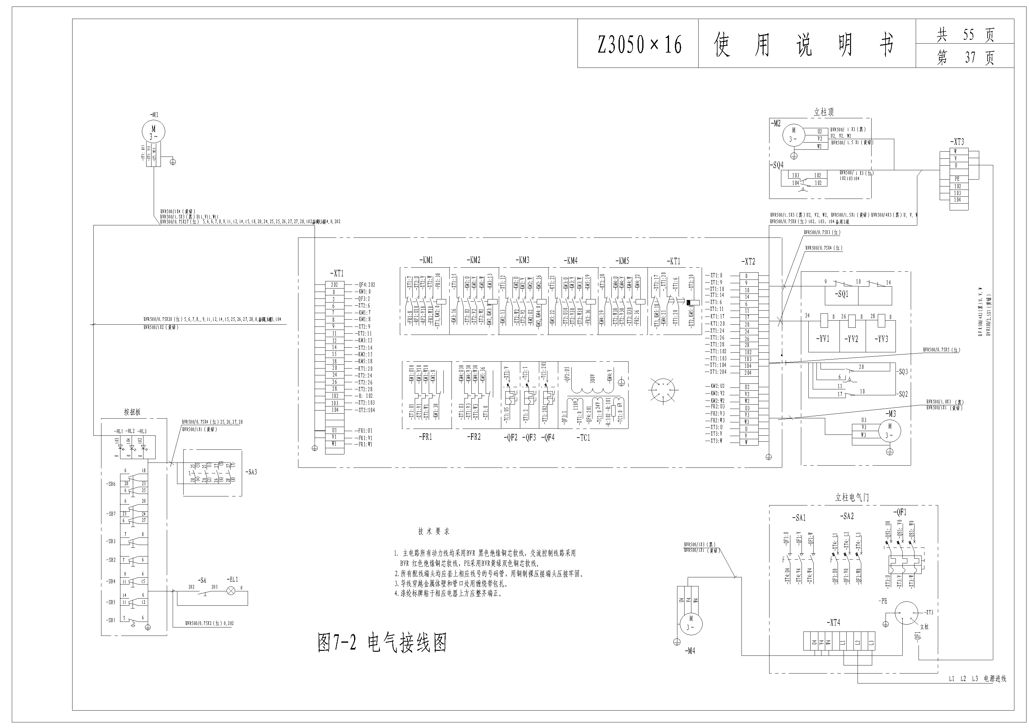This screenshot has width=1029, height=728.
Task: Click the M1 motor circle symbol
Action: pos(154,132)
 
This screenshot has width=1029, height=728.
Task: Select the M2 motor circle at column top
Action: pos(794,135)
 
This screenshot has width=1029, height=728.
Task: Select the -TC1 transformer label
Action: pos(583,438)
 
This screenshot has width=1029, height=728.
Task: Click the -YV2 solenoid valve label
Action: pos(852,339)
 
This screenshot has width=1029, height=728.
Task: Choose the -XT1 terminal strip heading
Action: pos(337,274)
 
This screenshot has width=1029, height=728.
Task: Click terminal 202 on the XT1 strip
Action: pos(334,285)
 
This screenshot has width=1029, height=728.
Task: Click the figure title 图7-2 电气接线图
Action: pos(382,643)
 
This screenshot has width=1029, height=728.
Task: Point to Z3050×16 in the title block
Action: pos(639,45)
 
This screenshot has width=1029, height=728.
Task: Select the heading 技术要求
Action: pos(433,532)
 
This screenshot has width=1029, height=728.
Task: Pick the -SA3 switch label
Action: pos(251,472)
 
